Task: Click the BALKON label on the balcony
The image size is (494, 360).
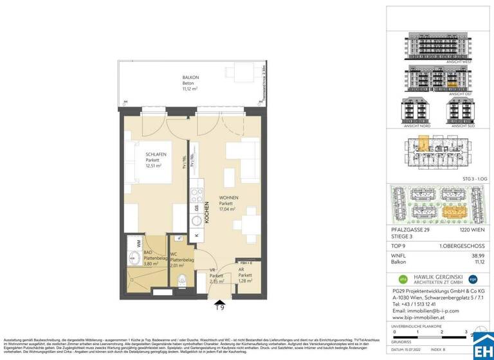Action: pyautogui.click(x=190, y=77)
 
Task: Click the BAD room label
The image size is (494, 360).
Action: pyautogui.click(x=147, y=253)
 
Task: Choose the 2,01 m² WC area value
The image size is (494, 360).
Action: pyautogui.click(x=178, y=264)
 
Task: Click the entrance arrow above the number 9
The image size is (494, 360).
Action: pyautogui.click(x=220, y=301)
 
